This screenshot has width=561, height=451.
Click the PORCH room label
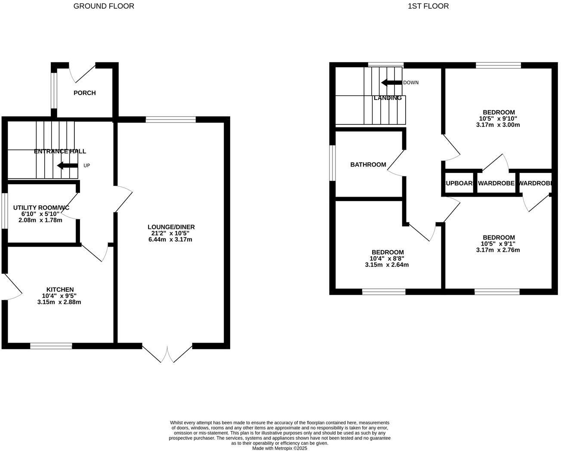click(84, 93)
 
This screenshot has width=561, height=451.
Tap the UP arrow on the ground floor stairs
click(68, 166)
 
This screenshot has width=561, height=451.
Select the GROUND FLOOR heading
click(104, 6)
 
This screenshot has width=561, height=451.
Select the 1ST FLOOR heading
click(428, 6)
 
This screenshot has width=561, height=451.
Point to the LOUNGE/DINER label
click(171, 227)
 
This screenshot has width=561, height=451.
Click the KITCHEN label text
click(60, 290)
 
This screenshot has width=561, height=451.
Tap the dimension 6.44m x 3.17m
click(170, 239)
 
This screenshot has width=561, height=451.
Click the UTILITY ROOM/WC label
click(41, 207)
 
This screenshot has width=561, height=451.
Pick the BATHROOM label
click(368, 164)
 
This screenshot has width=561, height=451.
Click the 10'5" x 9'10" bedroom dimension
click(498, 119)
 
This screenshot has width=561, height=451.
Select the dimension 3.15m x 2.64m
click(387, 265)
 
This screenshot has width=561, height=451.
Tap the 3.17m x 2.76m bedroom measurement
click(498, 250)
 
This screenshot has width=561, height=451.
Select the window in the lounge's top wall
click(171, 120)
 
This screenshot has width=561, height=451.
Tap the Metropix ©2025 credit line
click(280, 448)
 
